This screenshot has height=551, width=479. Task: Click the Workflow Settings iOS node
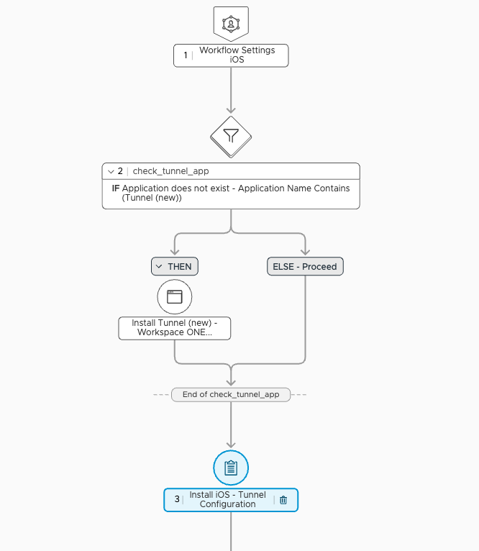[232, 55]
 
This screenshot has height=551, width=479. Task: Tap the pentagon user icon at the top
[231, 23]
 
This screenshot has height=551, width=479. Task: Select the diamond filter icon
[231, 135]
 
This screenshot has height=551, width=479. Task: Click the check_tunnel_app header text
[171, 171]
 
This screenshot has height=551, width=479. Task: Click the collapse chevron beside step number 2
[111, 171]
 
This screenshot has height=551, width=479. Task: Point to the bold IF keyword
[115, 188]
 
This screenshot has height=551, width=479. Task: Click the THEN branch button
[175, 266]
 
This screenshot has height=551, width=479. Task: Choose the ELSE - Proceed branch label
[305, 266]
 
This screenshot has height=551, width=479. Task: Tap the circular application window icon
[175, 296]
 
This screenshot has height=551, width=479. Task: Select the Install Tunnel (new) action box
[175, 328]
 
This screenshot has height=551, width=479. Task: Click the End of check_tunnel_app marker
[231, 394]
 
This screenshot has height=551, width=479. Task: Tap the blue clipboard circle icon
[231, 468]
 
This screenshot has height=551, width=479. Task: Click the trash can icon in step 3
[283, 500]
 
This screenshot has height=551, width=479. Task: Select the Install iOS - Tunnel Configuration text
[227, 500]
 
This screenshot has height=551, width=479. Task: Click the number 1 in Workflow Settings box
[186, 55]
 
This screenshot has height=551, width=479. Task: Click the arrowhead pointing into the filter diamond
[231, 110]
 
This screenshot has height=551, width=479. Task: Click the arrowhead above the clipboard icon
[231, 444]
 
